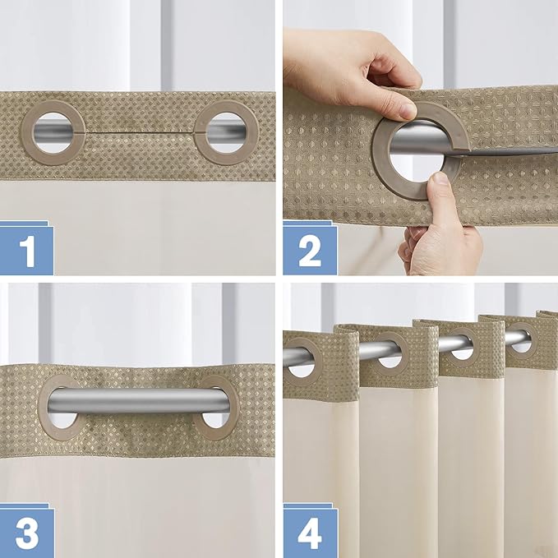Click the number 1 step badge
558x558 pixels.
pos(27,250)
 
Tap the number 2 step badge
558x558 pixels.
pos(310,250)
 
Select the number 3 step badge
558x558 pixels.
pos(27,532)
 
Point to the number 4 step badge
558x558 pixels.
pos(310,532)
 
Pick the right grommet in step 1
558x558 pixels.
pos(225,131)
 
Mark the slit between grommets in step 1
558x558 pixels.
pos(140,131)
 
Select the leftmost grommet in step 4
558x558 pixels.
pos(302,358)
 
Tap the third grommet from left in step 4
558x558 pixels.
pos(462,344)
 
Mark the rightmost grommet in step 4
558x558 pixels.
pos(521,338)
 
